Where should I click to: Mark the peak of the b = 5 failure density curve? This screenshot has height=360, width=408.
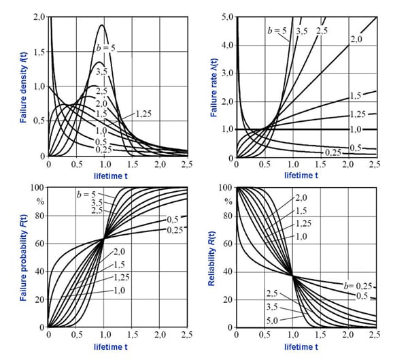[103, 25]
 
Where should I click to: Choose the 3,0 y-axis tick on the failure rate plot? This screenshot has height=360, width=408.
[228, 72]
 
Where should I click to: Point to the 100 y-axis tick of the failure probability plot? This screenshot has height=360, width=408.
[37, 187]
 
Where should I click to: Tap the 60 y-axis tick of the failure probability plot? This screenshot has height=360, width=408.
[39, 243]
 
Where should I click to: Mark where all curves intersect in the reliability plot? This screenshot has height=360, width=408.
[292, 275]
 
